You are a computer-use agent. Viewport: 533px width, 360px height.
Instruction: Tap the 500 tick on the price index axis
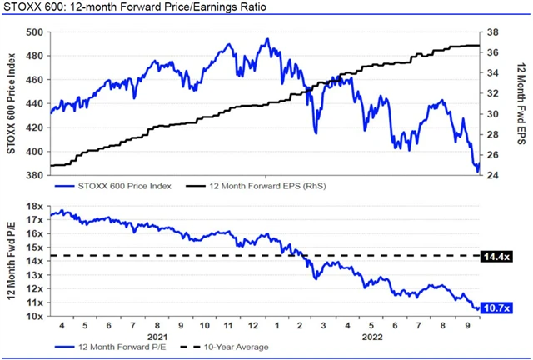(x=34, y=32)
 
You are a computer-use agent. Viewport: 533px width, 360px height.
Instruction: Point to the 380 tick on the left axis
(x=34, y=176)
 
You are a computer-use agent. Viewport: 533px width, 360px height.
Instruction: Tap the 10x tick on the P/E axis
(x=32, y=317)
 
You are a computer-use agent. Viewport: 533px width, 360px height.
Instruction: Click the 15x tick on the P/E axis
(x=32, y=247)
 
